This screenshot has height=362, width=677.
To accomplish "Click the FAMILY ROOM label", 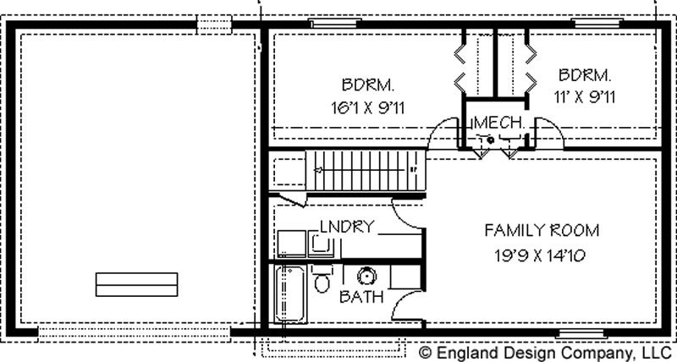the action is pyautogui.click(x=542, y=230).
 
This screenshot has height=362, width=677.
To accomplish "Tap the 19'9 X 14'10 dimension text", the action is pyautogui.click(x=540, y=256).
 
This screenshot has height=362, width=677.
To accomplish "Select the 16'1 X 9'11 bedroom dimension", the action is pyautogui.click(x=368, y=107).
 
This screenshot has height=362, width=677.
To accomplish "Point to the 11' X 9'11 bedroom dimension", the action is pyautogui.click(x=584, y=97).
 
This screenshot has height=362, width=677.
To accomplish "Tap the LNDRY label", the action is pyautogui.click(x=347, y=226).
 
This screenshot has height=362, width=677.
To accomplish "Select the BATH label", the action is pyautogui.click(x=361, y=296).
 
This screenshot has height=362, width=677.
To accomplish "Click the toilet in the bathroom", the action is pyautogui.click(x=322, y=279).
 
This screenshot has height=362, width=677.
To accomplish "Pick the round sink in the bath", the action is pyautogui.click(x=367, y=275).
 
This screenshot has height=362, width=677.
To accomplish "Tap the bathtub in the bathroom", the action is pyautogui.click(x=290, y=293).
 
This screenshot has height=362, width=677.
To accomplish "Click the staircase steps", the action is pyautogui.click(x=366, y=170).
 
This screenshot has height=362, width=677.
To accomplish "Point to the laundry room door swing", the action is pyautogui.click(x=408, y=214).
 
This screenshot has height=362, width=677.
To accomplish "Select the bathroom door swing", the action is pyautogui.click(x=408, y=304).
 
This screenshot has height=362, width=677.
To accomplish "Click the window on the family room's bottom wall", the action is pyautogui.click(x=581, y=333).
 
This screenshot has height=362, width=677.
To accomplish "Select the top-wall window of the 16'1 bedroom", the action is pyautogui.click(x=335, y=23).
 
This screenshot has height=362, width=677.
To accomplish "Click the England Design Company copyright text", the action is pyautogui.click(x=543, y=351).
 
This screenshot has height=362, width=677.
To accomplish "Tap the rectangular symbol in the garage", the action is pyautogui.click(x=136, y=284).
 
